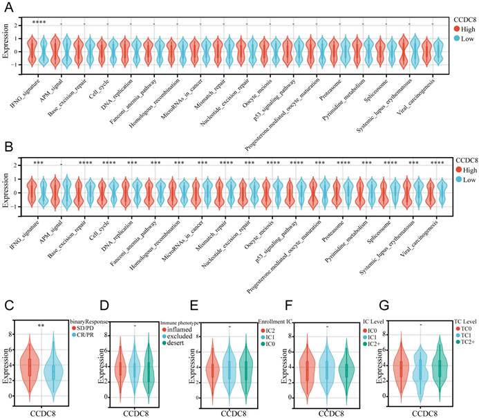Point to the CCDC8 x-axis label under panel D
pos(135,413)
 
